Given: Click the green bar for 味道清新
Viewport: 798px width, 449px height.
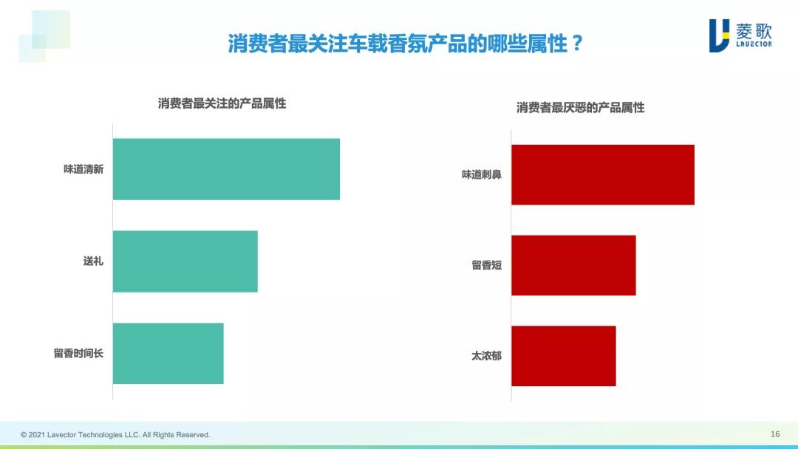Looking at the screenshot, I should [226, 169].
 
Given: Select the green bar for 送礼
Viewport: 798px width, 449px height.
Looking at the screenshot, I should [185, 261].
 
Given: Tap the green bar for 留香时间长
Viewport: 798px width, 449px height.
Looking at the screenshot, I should [168, 353].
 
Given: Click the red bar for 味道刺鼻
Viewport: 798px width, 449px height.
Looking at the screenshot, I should [603, 175].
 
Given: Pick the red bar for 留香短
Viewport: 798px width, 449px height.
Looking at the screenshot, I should [573, 265].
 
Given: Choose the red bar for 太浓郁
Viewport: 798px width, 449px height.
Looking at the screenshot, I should [563, 356].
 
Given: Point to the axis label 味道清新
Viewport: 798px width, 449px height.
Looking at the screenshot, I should [83, 169].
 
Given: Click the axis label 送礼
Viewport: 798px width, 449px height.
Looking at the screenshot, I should [93, 261].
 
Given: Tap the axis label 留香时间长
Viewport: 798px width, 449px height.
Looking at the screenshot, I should [78, 353].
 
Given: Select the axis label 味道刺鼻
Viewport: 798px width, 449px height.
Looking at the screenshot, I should [482, 175].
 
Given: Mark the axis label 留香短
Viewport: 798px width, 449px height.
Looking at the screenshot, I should [487, 265].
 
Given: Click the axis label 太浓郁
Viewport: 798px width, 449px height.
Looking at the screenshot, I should [487, 356].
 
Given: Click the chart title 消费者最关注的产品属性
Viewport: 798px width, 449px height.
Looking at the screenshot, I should [222, 103].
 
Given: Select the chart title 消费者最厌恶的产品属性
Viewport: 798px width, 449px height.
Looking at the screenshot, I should [580, 108].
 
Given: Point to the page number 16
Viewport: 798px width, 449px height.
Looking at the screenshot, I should [775, 434].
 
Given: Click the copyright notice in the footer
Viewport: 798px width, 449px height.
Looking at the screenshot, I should [115, 435].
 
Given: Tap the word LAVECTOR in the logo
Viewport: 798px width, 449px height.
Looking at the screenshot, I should [754, 44].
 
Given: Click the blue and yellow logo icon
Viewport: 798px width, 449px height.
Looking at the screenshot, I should [719, 35].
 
